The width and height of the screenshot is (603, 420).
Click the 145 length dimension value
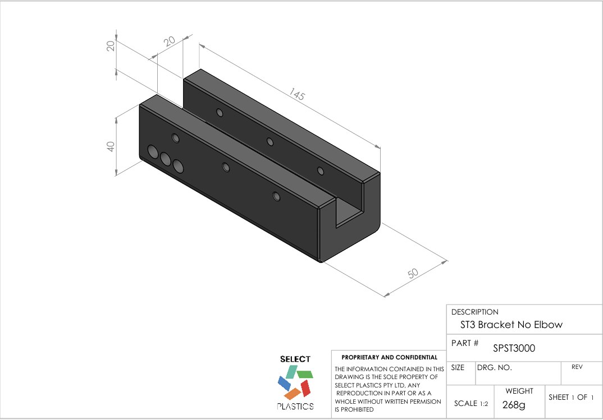click(297, 95)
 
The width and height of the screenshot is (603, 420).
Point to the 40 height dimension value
click(111, 146)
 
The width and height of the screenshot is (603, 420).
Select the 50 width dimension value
click(413, 274)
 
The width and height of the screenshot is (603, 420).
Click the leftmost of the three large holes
click(152, 151)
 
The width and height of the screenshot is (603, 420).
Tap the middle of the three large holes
click(166, 159)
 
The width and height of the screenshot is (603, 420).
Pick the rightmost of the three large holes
click(179, 166)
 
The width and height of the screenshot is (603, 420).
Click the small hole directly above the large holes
click(175, 138)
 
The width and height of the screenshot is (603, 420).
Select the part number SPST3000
click(514, 348)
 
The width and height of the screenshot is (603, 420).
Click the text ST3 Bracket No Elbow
click(511, 325)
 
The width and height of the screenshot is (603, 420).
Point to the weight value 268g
click(514, 405)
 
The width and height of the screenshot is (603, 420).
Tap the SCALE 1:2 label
click(470, 404)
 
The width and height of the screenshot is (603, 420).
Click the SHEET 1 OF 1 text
click(571, 397)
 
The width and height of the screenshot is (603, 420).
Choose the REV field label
click(577, 367)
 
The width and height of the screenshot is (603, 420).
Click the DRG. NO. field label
click(494, 368)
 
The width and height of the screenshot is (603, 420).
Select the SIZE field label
click(458, 368)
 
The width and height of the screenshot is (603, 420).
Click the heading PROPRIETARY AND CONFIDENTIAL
click(389, 357)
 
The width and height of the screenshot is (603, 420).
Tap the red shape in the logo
click(305, 387)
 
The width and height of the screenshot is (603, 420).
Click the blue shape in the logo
click(284, 383)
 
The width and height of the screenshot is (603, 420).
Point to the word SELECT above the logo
click(295, 359)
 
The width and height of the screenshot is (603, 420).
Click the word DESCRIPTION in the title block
click(474, 312)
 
